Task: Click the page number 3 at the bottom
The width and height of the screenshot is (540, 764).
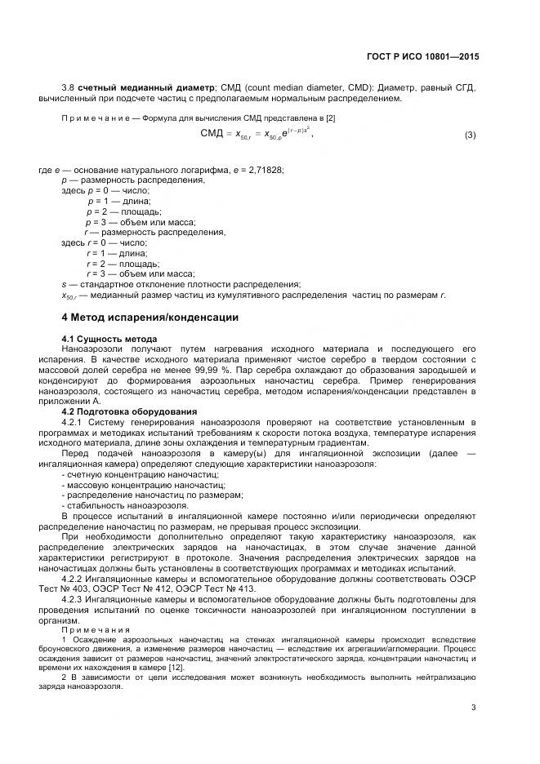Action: point(474,708)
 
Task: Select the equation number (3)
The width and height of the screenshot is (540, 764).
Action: point(470,135)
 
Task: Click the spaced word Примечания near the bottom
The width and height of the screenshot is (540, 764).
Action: point(96,630)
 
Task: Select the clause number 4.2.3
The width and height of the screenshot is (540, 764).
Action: point(75,600)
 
